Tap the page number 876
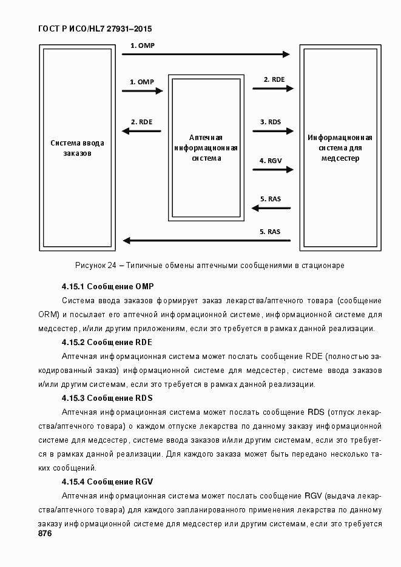pos(44,534)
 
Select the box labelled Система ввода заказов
pos(76,147)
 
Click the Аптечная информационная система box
pos(206,148)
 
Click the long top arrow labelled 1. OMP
pos(206,54)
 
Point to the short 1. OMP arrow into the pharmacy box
pos(143,91)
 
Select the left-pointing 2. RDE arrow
pos(143,131)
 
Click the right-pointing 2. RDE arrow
pos(273,89)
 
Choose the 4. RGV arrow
pos(273,170)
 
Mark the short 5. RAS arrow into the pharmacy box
pos(273,209)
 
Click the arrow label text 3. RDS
pos(271,122)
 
